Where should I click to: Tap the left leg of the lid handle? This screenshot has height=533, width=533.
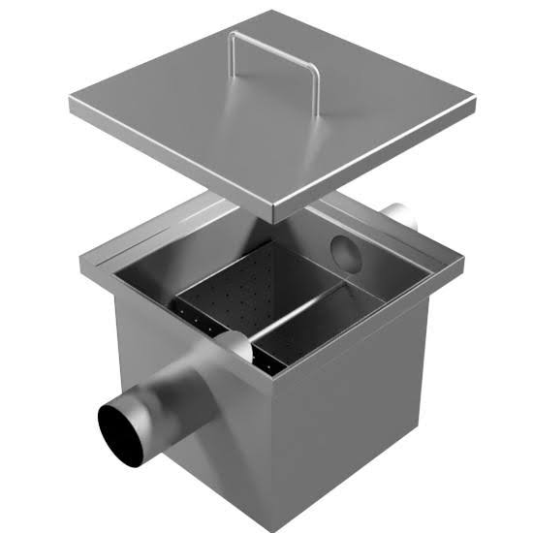point(232,62)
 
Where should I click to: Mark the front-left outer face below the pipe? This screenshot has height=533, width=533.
point(194,455)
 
